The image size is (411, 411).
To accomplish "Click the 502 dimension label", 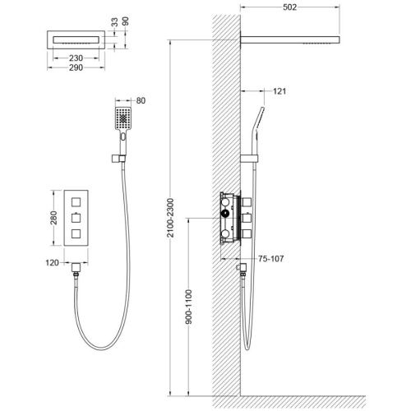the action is point(289,7).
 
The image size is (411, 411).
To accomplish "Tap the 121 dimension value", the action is point(279,91).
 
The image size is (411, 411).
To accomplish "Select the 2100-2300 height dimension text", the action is point(170,218).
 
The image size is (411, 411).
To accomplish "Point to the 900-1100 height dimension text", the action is point(189,307).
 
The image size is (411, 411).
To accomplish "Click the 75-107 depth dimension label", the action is point(270,258).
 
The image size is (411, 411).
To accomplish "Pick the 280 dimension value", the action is point(53,218).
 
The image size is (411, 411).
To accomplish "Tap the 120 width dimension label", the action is point(52,263).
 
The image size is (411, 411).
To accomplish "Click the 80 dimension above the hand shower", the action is point(141,100).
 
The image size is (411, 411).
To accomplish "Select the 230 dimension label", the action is point(76,58).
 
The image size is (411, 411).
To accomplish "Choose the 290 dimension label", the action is point(76,67).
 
